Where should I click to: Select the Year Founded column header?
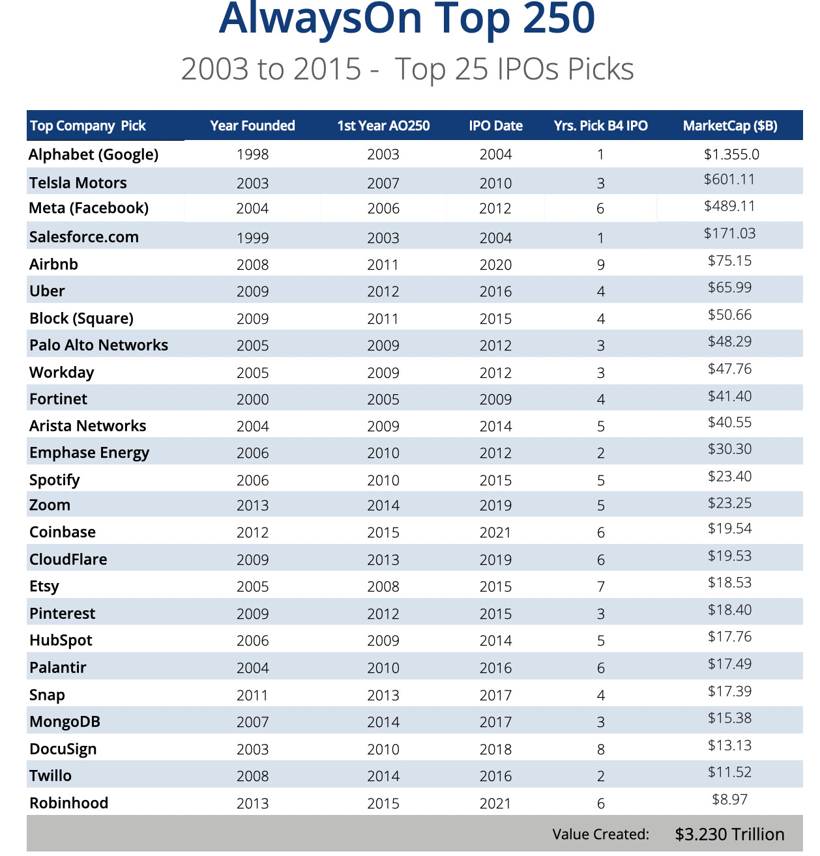click(252, 126)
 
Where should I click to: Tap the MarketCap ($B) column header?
click(729, 126)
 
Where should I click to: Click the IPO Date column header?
click(495, 126)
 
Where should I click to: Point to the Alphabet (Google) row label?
click(94, 154)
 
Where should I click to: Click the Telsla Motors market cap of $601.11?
click(729, 179)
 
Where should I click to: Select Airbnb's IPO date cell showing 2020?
click(495, 264)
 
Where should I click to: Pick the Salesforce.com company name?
click(84, 236)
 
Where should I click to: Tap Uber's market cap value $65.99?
click(729, 287)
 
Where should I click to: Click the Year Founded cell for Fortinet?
click(252, 399)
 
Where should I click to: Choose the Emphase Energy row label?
click(89, 453)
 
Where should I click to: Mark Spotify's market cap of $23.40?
click(729, 476)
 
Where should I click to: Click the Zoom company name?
click(50, 505)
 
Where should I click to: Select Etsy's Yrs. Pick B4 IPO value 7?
click(600, 586)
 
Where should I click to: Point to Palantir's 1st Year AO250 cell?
click(383, 668)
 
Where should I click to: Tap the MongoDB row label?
click(65, 722)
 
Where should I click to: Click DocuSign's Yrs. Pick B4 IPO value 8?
click(600, 749)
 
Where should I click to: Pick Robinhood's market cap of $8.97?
click(729, 799)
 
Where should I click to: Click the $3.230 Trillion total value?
click(729, 835)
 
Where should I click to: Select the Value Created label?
click(600, 835)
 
